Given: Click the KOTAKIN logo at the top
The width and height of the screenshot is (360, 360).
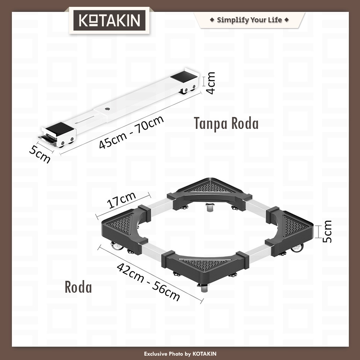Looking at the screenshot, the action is click(x=109, y=20).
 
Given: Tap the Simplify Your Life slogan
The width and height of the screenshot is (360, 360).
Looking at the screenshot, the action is click(x=249, y=20).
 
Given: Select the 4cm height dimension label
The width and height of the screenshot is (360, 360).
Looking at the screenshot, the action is click(x=211, y=83).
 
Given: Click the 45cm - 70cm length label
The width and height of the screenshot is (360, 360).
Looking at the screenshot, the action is click(x=131, y=132).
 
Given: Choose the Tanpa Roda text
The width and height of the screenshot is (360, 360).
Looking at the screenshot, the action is click(x=226, y=123).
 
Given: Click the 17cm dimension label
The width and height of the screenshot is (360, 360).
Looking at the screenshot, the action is click(x=122, y=200).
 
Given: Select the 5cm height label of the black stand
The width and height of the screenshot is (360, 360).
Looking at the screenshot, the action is click(x=327, y=231).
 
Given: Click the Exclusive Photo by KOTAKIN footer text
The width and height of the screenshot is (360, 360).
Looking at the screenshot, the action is click(x=180, y=354).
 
